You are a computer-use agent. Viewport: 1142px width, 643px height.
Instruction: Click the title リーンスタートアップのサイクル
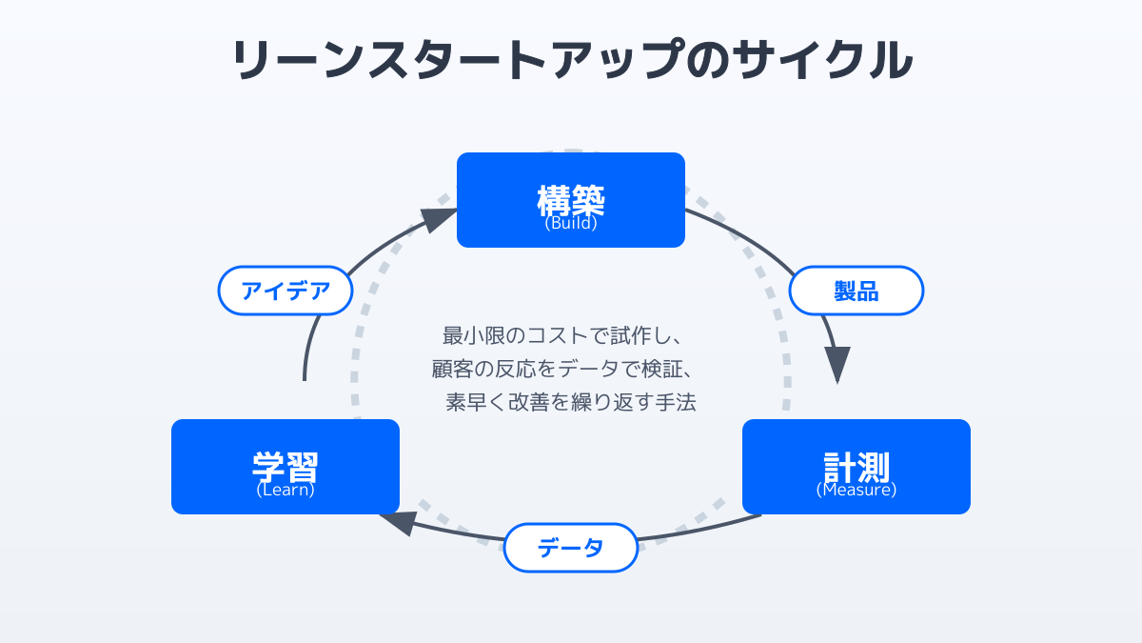571,60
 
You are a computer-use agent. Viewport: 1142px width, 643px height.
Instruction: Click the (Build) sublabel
571,225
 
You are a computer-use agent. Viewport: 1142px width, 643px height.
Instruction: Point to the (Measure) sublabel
856,491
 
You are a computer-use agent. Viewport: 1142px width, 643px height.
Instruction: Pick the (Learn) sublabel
285,491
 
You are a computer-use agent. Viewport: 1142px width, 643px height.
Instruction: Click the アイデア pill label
285,291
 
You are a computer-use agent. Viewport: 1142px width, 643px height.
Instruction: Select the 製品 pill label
856,291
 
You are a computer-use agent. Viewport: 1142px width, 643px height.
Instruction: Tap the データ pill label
571,548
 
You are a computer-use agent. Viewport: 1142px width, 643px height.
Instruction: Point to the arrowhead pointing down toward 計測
837,365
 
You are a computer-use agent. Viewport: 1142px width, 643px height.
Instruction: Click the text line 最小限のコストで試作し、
571,335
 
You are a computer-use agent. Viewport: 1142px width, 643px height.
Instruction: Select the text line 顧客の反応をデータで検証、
571,369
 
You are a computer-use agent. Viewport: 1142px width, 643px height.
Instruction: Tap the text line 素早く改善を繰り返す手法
571,402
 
